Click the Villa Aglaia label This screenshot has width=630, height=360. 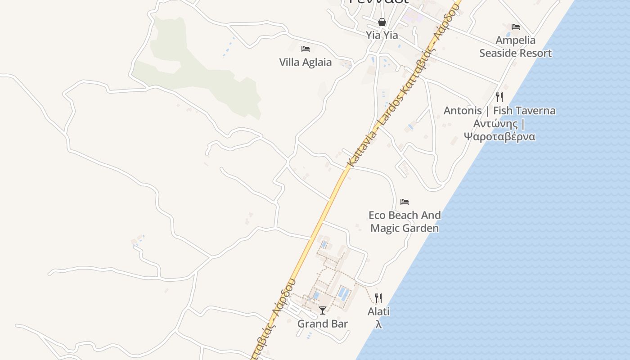pyautogui.click(x=305, y=62)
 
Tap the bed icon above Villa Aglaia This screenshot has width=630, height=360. pyautogui.click(x=306, y=49)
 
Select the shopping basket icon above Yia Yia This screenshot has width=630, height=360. pyautogui.click(x=382, y=22)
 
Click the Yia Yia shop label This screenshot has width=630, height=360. pyautogui.click(x=382, y=35)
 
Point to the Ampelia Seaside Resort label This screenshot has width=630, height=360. pyautogui.click(x=515, y=47)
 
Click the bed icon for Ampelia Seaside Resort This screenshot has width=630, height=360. pyautogui.click(x=516, y=27)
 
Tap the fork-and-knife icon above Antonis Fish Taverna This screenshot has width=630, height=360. pyautogui.click(x=499, y=97)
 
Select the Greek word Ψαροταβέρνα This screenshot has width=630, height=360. pyautogui.click(x=499, y=136)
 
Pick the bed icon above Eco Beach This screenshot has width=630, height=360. pyautogui.click(x=405, y=202)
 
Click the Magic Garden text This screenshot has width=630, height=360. pyautogui.click(x=404, y=228)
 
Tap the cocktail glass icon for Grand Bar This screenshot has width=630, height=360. pyautogui.click(x=323, y=310)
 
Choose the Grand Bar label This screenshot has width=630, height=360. pyautogui.click(x=323, y=324)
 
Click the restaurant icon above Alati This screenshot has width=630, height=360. pyautogui.click(x=378, y=298)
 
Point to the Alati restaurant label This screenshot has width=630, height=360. pyautogui.click(x=378, y=311)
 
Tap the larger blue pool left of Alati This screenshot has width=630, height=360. pyautogui.click(x=343, y=294)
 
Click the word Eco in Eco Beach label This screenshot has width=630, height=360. pyautogui.click(x=377, y=215)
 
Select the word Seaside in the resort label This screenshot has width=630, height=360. pyautogui.click(x=500, y=53)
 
